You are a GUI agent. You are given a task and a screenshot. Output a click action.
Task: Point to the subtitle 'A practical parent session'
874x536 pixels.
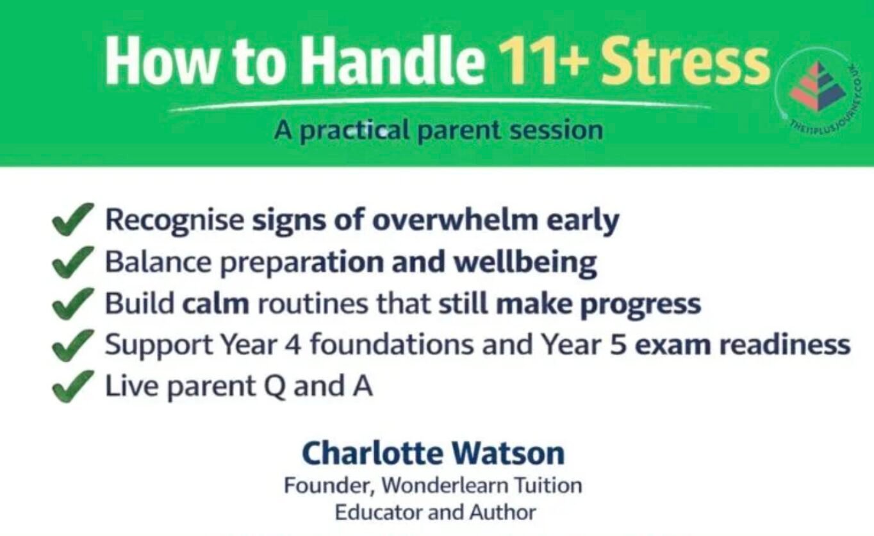[x=438, y=130]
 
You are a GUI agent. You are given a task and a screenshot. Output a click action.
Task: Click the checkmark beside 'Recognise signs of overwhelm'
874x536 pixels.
[x=72, y=220]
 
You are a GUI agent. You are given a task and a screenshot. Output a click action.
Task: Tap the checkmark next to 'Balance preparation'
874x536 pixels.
[x=72, y=262]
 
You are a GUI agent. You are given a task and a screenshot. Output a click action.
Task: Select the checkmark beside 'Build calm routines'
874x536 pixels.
[x=72, y=304]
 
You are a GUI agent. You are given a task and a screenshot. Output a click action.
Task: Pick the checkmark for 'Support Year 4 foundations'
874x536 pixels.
[x=72, y=346]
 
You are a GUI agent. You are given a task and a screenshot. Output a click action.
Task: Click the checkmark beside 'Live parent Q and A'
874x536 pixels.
[x=72, y=387]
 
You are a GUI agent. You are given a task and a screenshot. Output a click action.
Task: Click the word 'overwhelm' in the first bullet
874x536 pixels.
[x=456, y=220]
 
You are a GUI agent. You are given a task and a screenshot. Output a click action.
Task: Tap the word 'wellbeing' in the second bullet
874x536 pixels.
[x=525, y=263]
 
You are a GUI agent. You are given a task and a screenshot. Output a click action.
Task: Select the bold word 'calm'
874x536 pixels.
[x=215, y=304]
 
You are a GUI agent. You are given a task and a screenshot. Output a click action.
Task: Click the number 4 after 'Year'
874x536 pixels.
[x=297, y=346]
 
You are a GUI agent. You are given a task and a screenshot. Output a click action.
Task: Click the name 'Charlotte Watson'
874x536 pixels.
[x=433, y=453]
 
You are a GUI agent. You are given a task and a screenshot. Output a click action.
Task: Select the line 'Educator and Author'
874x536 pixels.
[x=435, y=513]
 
